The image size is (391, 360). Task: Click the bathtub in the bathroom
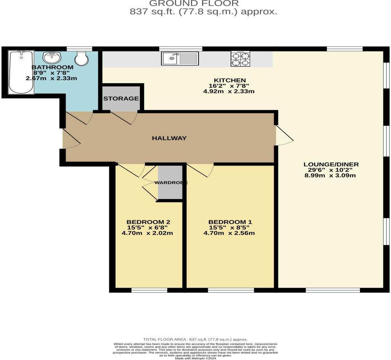coord(21,72)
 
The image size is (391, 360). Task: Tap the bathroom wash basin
coord(52,57)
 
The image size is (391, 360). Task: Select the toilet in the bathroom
coord(82,58)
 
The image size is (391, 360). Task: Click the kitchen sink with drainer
coord(180,58)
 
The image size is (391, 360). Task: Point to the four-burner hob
coord(241,59)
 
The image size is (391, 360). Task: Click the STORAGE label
coord(121,99)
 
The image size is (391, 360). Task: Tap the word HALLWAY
coord(169,138)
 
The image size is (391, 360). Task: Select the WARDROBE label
coord(171,183)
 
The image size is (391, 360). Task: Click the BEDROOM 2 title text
coord(149,222)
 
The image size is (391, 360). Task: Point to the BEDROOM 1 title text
coord(230,222)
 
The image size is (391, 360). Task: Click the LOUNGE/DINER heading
coord(331,164)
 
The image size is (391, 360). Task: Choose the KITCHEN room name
coord(230,80)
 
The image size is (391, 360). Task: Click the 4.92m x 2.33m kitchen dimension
coord(229,92)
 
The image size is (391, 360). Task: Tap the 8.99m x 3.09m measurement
coord(330,175)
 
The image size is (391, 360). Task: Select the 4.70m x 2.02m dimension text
coord(147,233)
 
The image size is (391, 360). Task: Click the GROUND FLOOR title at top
coord(194,3)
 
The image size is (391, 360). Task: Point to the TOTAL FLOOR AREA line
coord(195,339)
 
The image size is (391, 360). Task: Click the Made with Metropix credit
coord(195,358)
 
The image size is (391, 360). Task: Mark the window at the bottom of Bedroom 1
coord(231,290)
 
